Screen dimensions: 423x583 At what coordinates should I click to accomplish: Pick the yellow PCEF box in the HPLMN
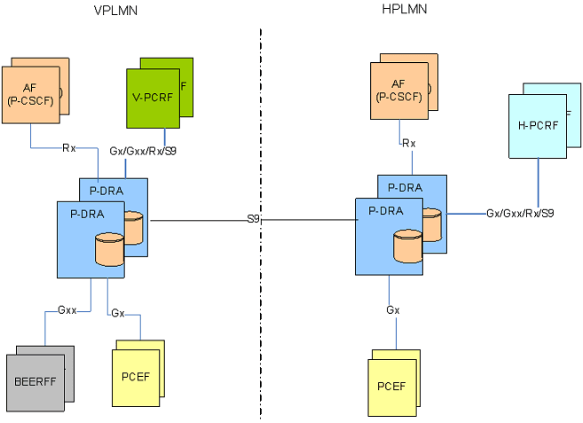click(x=391, y=386)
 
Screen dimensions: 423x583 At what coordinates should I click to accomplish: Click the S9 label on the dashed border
click(x=253, y=218)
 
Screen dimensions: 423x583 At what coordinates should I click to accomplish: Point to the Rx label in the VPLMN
click(x=68, y=148)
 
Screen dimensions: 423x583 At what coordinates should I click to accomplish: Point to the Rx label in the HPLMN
click(x=409, y=143)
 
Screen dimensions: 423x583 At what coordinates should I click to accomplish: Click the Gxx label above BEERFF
click(x=67, y=310)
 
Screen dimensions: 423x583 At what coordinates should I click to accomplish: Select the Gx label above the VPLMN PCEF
click(x=117, y=312)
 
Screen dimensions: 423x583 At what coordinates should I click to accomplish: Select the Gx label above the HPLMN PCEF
click(x=392, y=310)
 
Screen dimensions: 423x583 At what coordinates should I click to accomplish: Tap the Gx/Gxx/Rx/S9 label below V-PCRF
click(x=142, y=151)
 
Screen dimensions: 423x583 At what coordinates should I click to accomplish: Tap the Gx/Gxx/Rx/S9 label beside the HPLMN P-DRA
click(x=520, y=214)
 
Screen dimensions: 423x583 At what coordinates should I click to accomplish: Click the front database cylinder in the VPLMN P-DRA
click(x=109, y=248)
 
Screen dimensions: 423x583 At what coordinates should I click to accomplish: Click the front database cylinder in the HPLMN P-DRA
click(x=407, y=245)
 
